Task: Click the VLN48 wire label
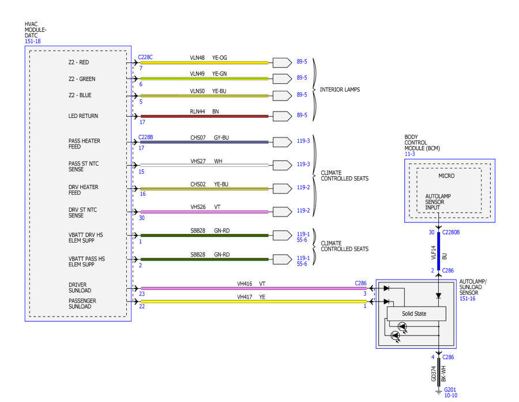(197, 58)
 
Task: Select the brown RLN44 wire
(204, 116)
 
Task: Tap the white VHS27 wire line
(204, 165)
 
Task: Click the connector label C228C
(145, 57)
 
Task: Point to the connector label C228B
(146, 137)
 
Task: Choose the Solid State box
(416, 314)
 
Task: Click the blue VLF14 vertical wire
(439, 251)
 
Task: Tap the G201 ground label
(450, 390)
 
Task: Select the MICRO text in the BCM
(446, 176)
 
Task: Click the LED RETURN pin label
(83, 116)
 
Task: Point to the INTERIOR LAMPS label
(340, 90)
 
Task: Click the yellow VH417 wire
(254, 301)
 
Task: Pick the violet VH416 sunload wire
(254, 288)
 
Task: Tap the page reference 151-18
(33, 42)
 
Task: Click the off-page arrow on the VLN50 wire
(282, 96)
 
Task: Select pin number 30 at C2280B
(431, 232)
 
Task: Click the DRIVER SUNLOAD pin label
(80, 288)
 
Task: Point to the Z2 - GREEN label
(82, 79)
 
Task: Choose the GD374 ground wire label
(434, 374)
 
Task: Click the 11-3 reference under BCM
(409, 154)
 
